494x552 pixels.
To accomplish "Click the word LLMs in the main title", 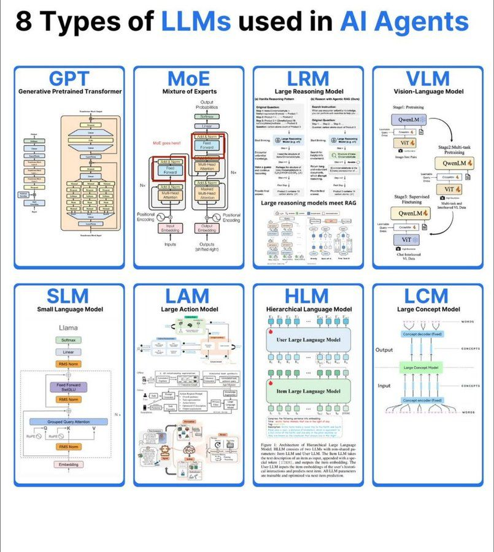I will [196, 23].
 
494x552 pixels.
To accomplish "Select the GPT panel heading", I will [69, 79].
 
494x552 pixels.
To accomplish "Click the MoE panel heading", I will [188, 79].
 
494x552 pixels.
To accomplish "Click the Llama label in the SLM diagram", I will [68, 328].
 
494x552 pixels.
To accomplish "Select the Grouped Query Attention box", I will [69, 422].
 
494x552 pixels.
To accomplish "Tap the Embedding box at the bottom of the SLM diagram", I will [68, 465].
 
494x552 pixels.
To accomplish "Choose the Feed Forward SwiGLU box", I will [69, 388].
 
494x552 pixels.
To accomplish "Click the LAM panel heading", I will [188, 296].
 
